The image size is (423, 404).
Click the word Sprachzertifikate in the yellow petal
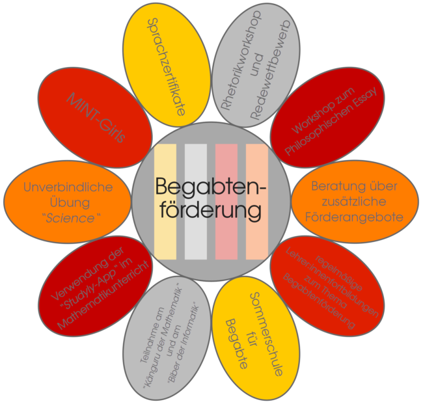coord(166,67)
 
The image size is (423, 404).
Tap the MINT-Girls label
coord(96,117)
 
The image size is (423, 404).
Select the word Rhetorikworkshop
coord(241,60)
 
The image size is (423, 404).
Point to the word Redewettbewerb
coord(271,70)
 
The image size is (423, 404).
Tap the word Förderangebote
coord(354,217)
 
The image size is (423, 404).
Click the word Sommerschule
coord(266,334)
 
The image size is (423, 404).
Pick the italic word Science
coord(70,218)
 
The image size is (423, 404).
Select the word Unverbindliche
coord(68,187)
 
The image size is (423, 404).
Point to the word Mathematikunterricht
coord(103,295)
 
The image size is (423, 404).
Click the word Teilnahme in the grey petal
coord(152,334)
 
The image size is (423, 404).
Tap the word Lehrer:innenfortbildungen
coord(332,282)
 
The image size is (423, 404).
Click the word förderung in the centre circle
coord(211,210)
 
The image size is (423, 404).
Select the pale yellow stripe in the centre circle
coord(165,202)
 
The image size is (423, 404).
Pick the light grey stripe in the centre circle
coord(196,202)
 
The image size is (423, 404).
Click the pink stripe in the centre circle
coord(226,202)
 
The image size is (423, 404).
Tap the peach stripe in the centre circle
coord(257,202)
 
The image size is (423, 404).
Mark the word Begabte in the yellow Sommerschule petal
coord(237,343)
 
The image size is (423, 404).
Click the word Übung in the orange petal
coord(70,202)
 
